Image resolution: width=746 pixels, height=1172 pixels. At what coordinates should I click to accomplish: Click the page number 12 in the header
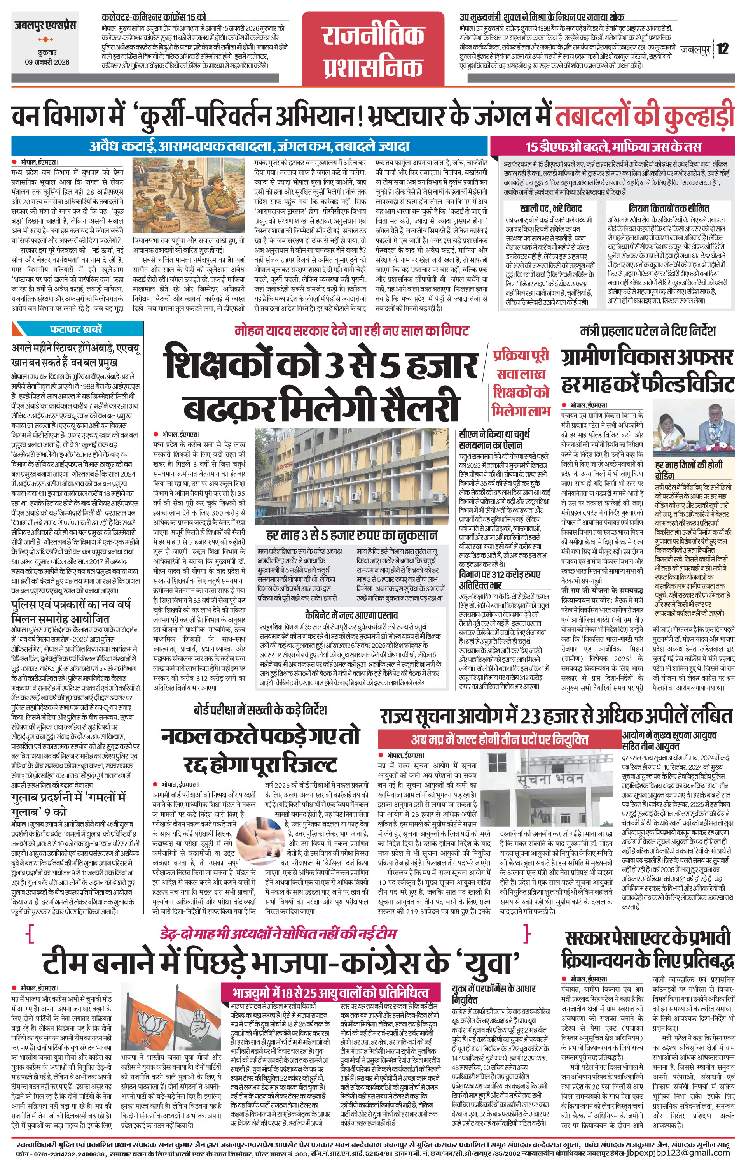pyautogui.click(x=723, y=49)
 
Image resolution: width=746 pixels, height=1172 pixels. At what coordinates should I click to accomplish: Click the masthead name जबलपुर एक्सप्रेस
pyautogui.click(x=44, y=26)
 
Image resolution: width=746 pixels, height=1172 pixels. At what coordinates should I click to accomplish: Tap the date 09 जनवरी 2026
pyautogui.click(x=47, y=62)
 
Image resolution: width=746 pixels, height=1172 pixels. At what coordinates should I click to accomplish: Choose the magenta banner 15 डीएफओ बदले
pyautogui.click(x=612, y=146)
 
